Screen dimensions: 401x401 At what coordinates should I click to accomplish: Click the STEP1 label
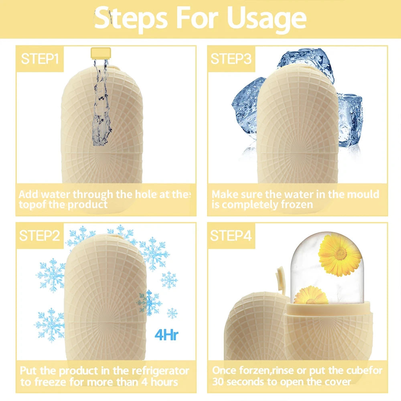(40, 59)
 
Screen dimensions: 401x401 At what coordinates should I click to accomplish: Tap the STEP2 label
(40, 235)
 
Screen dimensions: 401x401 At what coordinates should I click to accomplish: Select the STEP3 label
(231, 59)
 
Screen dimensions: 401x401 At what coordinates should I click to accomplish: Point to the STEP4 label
(231, 235)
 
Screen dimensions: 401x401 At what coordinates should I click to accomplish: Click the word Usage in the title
(266, 18)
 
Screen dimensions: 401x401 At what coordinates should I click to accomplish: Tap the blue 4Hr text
(166, 335)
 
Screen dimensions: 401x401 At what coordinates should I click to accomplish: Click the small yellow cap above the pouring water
(101, 52)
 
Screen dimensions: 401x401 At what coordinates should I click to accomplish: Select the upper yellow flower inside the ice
(340, 255)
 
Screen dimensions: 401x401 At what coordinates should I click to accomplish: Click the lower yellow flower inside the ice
(311, 296)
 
